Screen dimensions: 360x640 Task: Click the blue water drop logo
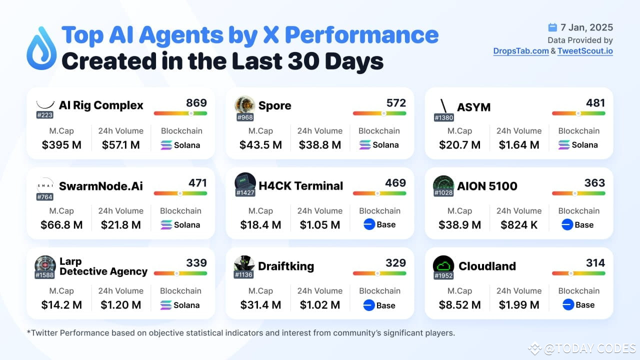(x=41, y=48)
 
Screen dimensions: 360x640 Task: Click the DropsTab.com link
(x=521, y=51)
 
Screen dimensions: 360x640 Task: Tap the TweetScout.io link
(x=585, y=51)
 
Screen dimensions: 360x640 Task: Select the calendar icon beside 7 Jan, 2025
(x=552, y=27)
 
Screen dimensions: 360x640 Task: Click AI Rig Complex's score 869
(x=196, y=103)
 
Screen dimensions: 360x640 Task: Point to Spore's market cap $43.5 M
(x=260, y=145)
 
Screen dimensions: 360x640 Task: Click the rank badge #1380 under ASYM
(x=444, y=117)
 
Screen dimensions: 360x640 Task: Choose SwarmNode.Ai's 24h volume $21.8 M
(x=120, y=225)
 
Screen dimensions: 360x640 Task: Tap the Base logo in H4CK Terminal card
(x=369, y=224)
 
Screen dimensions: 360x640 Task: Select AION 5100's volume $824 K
(x=519, y=225)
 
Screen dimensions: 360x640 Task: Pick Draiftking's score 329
(x=395, y=263)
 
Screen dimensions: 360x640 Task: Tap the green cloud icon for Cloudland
(x=443, y=264)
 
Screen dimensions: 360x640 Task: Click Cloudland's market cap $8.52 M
(x=459, y=305)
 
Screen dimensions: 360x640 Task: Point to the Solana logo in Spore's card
(x=365, y=145)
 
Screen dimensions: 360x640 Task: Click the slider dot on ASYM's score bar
(x=578, y=113)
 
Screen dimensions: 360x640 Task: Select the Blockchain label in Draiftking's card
(x=379, y=290)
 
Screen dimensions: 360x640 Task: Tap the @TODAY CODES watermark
(x=582, y=348)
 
